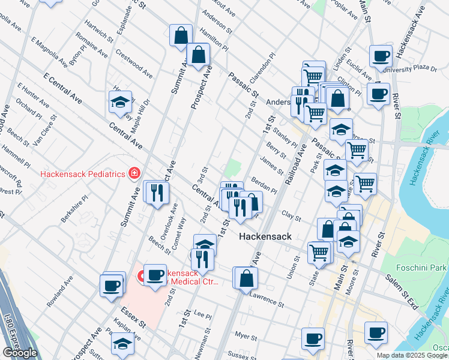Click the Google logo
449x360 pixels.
click(20, 353)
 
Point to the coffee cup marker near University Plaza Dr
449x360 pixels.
click(380, 56)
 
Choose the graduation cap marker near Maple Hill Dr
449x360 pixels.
click(121, 103)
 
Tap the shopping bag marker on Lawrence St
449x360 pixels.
click(246, 278)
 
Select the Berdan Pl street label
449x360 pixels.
click(264, 184)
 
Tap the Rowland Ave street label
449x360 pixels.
click(60, 291)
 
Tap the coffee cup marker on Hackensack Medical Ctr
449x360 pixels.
click(155, 275)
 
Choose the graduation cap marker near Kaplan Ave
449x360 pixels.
click(122, 344)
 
